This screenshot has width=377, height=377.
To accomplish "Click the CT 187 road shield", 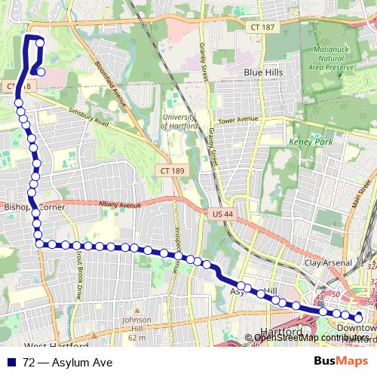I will (x=262, y=26).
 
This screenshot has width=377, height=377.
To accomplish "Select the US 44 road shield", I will (x=217, y=216).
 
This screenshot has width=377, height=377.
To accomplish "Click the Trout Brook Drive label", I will (x=78, y=275).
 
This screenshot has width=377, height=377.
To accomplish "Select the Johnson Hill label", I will (x=136, y=328).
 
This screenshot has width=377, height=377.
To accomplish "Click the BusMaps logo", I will (x=341, y=363).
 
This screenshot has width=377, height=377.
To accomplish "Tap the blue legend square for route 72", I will (x=10, y=363).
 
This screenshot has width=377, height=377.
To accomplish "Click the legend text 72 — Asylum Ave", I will (x=67, y=363).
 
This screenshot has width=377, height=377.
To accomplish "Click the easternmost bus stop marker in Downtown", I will (x=359, y=317).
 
